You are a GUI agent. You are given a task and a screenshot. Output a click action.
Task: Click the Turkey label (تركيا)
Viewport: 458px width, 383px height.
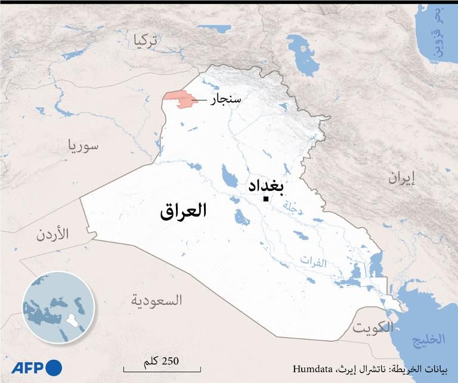pyautogui.click(x=147, y=40)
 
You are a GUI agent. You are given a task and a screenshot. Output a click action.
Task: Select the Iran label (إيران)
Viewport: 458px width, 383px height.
pyautogui.click(x=401, y=177)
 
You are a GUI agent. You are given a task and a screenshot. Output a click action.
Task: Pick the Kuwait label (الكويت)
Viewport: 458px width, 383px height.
pyautogui.click(x=373, y=328)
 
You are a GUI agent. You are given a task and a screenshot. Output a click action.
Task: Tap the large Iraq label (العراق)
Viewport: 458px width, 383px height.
pyautogui.click(x=183, y=211)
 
